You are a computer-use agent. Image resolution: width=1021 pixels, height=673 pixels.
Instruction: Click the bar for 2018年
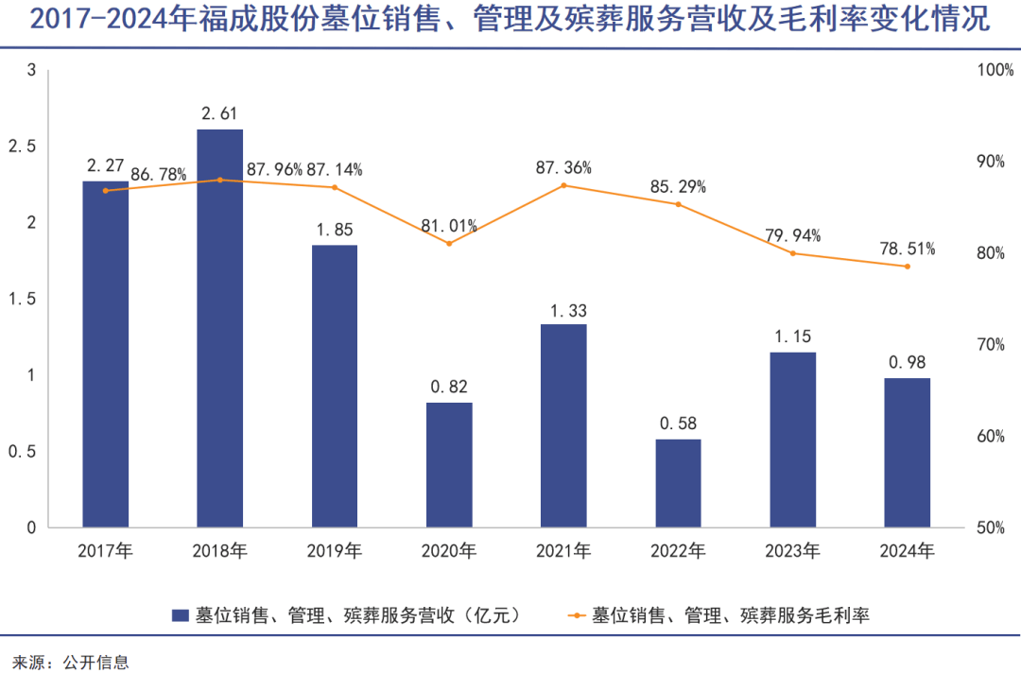point(219,328)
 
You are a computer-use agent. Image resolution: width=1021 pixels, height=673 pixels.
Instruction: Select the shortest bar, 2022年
point(678,483)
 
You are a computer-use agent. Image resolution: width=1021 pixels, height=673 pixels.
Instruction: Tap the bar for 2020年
point(449,465)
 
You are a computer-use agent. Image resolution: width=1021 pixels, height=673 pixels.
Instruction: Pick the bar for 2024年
point(907,453)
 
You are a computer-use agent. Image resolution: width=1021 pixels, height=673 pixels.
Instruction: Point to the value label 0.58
point(678,423)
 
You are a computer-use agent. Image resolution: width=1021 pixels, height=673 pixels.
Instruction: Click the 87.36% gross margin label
point(563,167)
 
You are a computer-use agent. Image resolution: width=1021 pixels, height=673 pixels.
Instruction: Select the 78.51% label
point(908,249)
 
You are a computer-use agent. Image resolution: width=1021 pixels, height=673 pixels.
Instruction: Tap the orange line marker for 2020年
point(449,243)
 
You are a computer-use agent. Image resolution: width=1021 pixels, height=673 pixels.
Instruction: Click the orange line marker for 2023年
point(792,253)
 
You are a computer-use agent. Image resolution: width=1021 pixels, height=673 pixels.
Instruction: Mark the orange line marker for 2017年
point(106,190)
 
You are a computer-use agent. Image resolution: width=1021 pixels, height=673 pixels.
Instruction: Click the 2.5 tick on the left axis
point(21,147)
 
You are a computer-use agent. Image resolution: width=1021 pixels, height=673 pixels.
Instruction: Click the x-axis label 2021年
point(563,550)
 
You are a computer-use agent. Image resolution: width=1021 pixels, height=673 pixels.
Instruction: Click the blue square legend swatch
point(180,615)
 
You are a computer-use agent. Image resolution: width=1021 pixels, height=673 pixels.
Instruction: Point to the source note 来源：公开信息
point(70,661)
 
